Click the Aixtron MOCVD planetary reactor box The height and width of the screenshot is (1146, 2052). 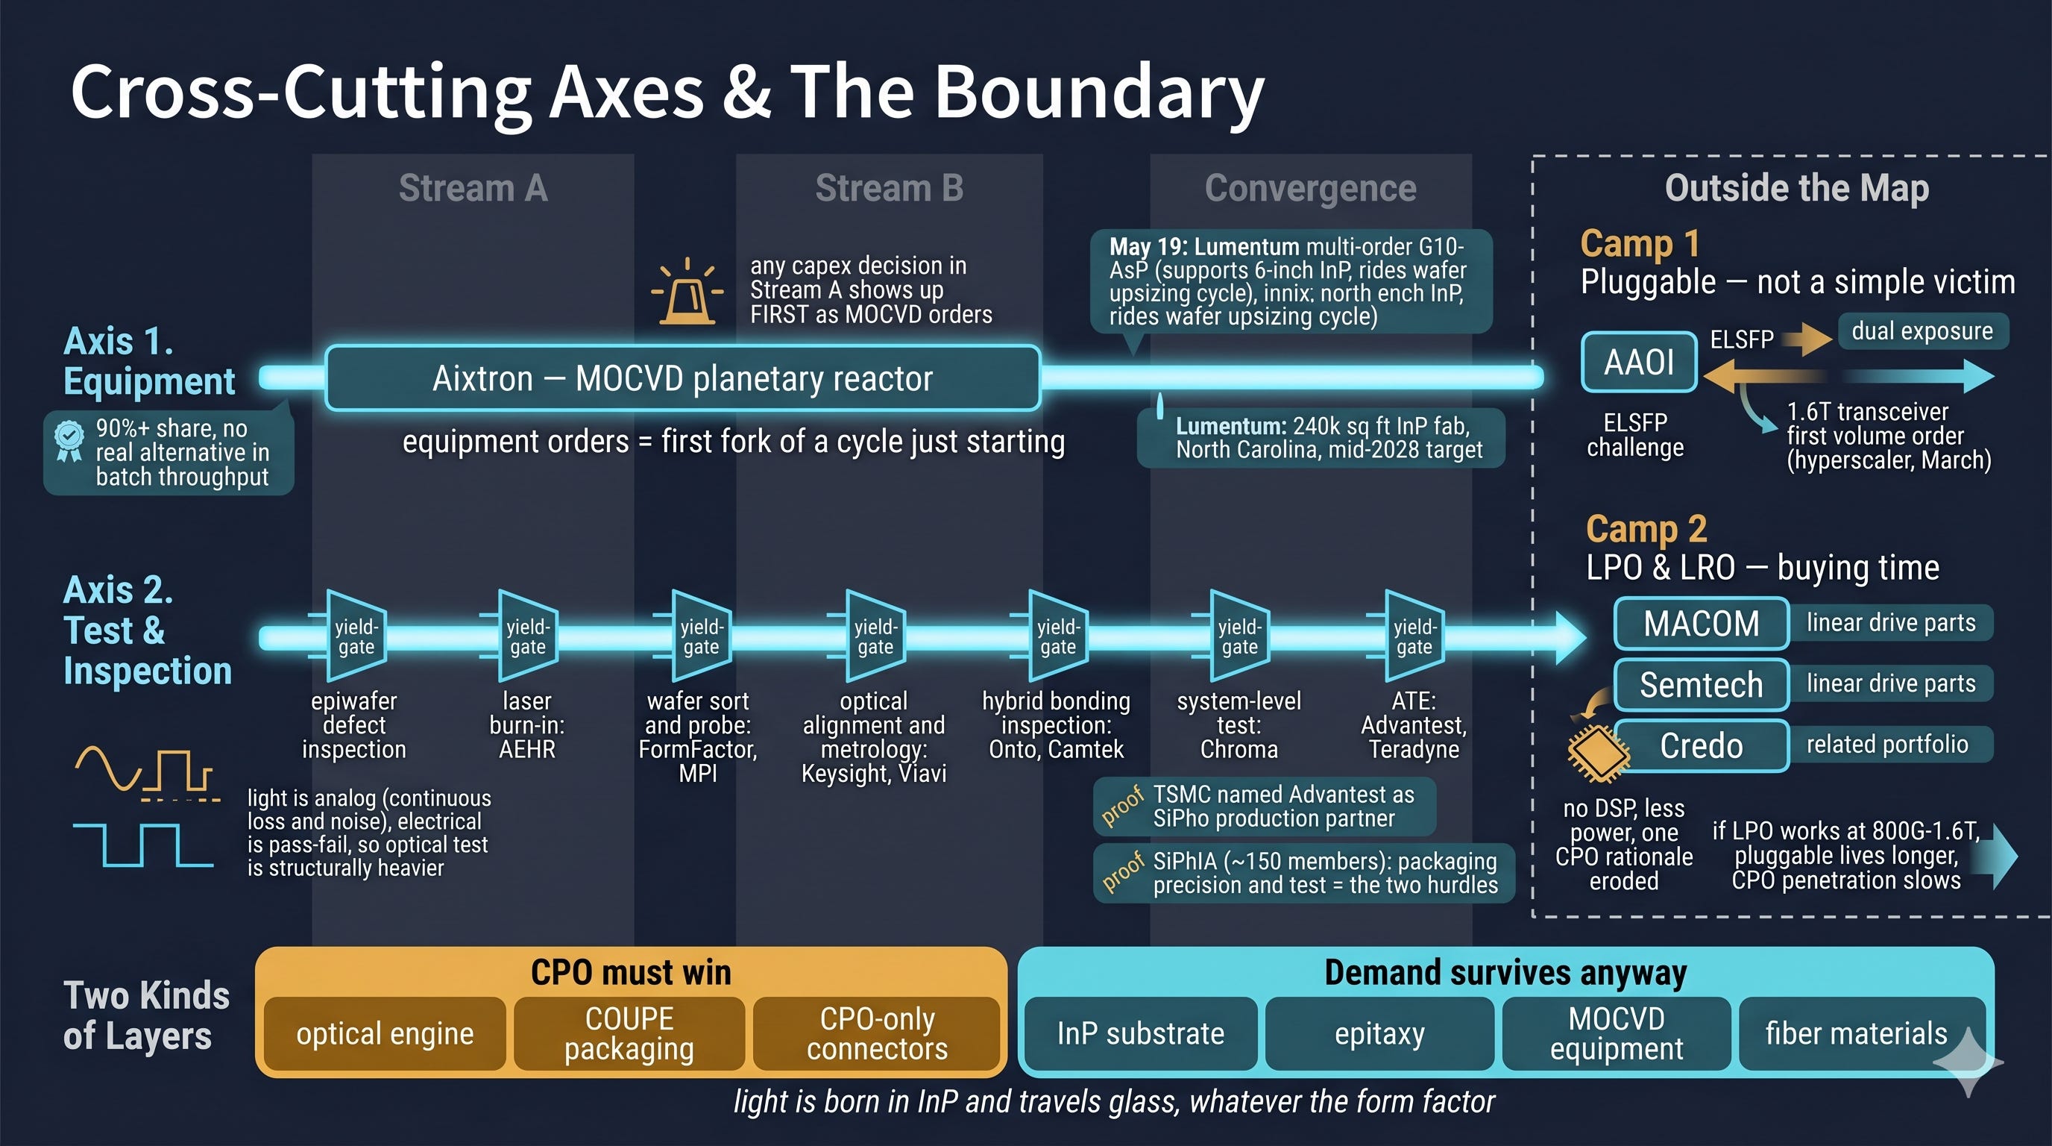pyautogui.click(x=683, y=378)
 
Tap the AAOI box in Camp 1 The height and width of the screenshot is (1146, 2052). pyautogui.click(x=1639, y=362)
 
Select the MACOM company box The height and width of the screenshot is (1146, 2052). pyautogui.click(x=1702, y=623)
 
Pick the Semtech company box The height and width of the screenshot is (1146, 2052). pyautogui.click(x=1702, y=685)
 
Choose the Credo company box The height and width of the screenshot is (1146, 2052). pyautogui.click(x=1702, y=746)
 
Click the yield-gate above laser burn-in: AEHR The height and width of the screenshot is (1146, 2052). pyautogui.click(x=527, y=636)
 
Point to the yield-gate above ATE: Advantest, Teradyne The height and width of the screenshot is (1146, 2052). pyautogui.click(x=1414, y=636)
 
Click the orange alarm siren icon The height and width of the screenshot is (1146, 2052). pyautogui.click(x=687, y=292)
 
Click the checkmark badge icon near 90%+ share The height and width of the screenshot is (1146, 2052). pyautogui.click(x=69, y=441)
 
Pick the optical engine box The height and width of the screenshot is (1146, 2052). pyautogui.click(x=385, y=1033)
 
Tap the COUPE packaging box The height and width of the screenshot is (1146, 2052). pyautogui.click(x=629, y=1033)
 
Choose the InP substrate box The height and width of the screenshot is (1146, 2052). pyautogui.click(x=1141, y=1033)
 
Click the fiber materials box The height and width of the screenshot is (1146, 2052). pyautogui.click(x=1857, y=1033)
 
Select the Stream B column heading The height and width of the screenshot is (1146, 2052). pyautogui.click(x=889, y=188)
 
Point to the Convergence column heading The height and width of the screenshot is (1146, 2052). pyautogui.click(x=1310, y=189)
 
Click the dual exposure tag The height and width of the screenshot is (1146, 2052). pyautogui.click(x=1922, y=331)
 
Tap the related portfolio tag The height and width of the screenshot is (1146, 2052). pyautogui.click(x=1888, y=745)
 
